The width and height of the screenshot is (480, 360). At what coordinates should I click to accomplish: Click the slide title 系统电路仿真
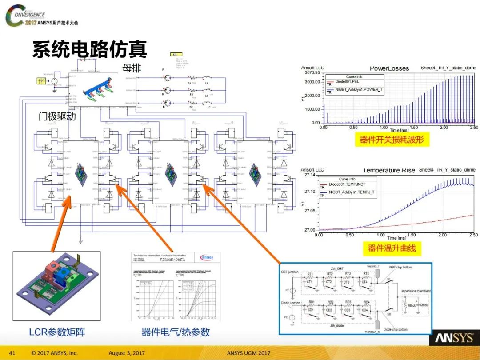89,50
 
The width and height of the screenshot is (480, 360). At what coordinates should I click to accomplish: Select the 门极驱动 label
57,117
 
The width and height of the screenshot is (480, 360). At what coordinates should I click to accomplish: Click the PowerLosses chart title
389,68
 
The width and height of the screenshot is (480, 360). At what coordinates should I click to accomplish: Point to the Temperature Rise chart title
389,170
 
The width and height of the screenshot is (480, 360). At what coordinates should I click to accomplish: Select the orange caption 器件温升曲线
392,248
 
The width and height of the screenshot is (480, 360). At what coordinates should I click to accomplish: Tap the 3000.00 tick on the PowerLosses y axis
311,82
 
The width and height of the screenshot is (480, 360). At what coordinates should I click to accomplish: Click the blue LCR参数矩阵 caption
57,332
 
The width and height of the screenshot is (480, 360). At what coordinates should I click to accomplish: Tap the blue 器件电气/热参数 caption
176,332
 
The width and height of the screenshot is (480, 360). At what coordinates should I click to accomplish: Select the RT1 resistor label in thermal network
310,274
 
